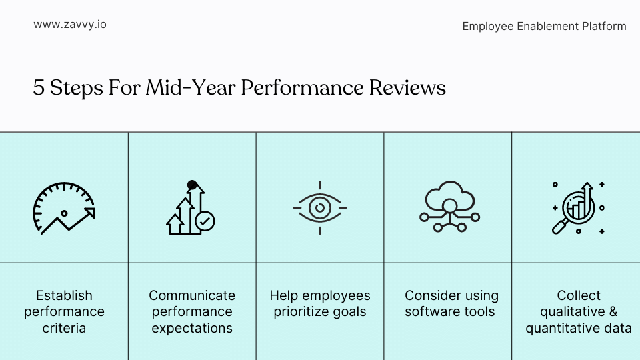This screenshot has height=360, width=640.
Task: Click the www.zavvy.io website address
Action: pos(70,25)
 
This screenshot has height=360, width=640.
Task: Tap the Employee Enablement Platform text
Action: pos(544,26)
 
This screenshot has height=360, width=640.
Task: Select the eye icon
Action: pos(320,208)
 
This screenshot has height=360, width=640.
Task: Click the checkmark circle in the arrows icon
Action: pos(205,221)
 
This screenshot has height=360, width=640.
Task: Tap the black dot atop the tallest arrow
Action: pos(193,185)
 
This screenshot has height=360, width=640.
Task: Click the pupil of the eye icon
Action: pos(320,208)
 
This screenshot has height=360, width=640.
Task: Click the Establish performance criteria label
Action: pos(64,311)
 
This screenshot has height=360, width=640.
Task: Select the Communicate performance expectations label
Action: pos(192,311)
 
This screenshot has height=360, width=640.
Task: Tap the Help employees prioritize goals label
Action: pos(320,303)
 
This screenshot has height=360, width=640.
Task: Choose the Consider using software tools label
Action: pos(451,303)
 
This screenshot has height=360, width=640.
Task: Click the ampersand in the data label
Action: pos(613,312)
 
